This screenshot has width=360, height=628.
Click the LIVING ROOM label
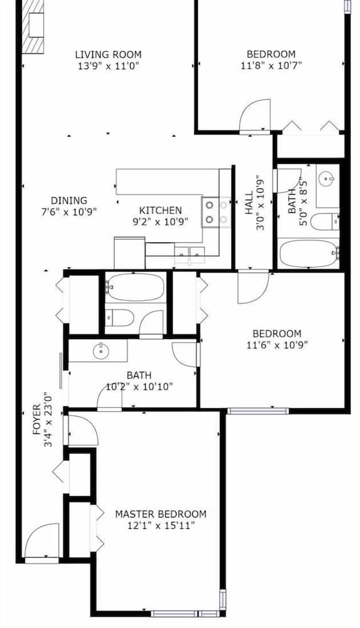(x=108, y=54)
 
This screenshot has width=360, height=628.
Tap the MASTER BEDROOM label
(x=161, y=514)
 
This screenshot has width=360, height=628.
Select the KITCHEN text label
(x=160, y=210)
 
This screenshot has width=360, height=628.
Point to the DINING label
(x=69, y=201)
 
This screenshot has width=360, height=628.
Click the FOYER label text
(x=37, y=420)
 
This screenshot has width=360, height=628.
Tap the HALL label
(x=249, y=203)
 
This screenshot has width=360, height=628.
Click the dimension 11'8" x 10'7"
(x=271, y=65)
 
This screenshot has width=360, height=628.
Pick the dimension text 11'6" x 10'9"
(x=277, y=345)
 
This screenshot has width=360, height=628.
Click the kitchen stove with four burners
(x=216, y=212)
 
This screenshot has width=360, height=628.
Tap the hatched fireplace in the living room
(x=33, y=26)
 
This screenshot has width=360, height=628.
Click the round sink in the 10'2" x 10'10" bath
(x=101, y=352)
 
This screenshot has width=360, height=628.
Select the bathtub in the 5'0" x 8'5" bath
(x=308, y=254)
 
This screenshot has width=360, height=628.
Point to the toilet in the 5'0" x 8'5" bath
(x=325, y=222)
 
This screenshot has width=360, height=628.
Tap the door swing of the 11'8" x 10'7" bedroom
(x=255, y=115)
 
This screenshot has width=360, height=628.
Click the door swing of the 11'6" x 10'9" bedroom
(x=253, y=287)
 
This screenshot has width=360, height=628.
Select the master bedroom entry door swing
(x=83, y=431)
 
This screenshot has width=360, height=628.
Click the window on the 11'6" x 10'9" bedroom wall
(x=258, y=411)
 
